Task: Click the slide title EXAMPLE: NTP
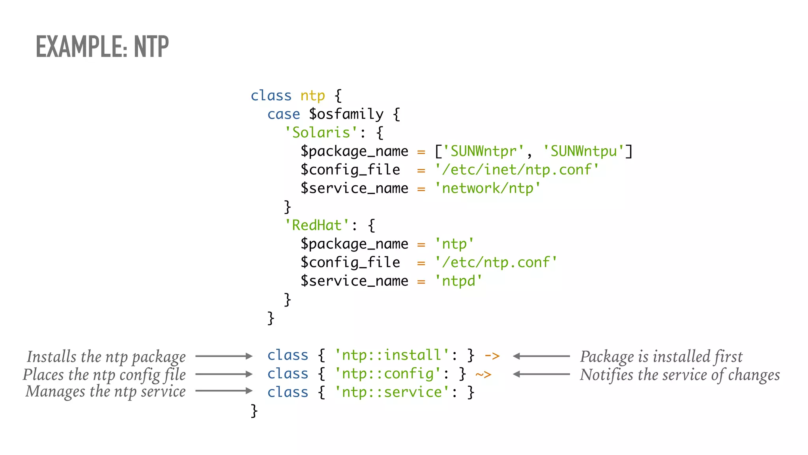point(102,47)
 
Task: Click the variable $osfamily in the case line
point(346,114)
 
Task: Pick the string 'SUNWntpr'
point(483,151)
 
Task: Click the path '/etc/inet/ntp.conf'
point(516,170)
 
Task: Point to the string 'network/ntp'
point(487,188)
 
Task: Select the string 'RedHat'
point(317,226)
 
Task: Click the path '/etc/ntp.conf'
point(496,263)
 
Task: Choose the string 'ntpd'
point(458,281)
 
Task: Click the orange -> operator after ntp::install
point(492,356)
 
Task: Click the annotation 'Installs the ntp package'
point(106,357)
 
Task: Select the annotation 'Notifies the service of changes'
point(679,375)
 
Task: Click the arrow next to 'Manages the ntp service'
point(224,391)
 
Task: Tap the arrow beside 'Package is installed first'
point(541,356)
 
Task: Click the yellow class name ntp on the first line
point(312,96)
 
